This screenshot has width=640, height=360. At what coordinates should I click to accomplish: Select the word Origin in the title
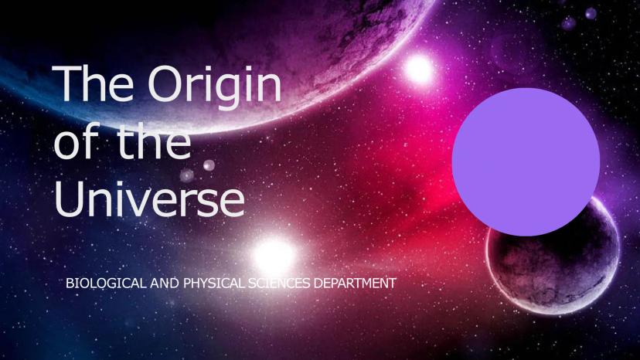pyautogui.click(x=215, y=87)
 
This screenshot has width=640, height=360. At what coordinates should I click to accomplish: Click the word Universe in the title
pyautogui.click(x=149, y=199)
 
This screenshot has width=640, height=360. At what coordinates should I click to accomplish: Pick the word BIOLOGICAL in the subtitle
pyautogui.click(x=105, y=283)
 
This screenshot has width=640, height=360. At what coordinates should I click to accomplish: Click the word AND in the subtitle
pyautogui.click(x=164, y=283)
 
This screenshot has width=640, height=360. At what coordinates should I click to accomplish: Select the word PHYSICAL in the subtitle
pyautogui.click(x=214, y=283)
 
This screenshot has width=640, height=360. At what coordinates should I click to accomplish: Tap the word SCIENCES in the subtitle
pyautogui.click(x=279, y=283)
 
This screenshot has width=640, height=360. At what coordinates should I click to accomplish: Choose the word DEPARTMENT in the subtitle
pyautogui.click(x=355, y=283)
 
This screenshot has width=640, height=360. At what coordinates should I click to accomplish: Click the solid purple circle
pyautogui.click(x=526, y=161)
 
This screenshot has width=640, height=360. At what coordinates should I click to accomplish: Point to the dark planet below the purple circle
pyautogui.click(x=554, y=261)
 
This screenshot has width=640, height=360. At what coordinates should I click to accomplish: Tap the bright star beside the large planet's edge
pyautogui.click(x=418, y=69)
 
